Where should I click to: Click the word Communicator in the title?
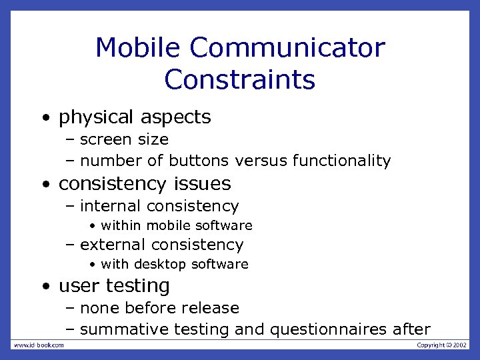coord(287,48)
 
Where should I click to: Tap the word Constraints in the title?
coord(239,79)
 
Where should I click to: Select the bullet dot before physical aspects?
coord(45,119)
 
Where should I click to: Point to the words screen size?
coord(124,139)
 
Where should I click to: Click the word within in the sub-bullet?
coord(121,226)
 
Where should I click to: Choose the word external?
coord(113,245)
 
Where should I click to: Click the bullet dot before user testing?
coord(45,287)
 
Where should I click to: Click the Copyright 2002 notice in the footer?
coord(442,345)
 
